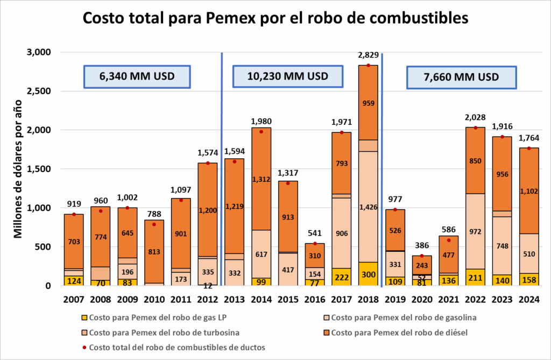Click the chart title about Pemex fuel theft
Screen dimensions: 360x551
coord(275,18)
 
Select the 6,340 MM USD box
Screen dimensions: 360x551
coord(137,76)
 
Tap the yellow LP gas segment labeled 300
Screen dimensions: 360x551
coord(368,274)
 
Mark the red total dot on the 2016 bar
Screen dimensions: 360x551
coord(315,244)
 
